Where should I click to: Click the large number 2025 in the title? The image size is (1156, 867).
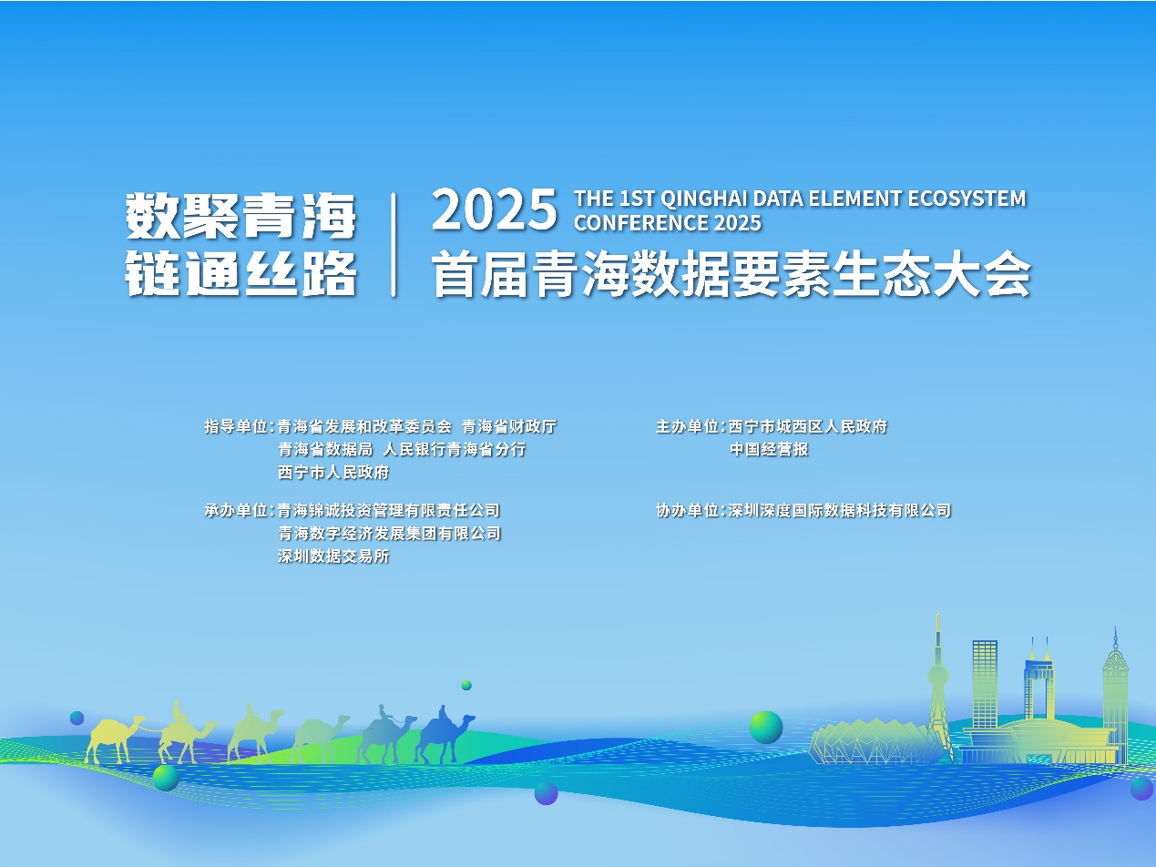pyautogui.click(x=495, y=210)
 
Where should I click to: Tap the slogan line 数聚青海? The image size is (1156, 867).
pyautogui.click(x=241, y=216)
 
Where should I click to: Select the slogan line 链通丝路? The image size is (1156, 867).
pyautogui.click(x=241, y=272)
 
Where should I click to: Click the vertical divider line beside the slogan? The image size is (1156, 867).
pyautogui.click(x=394, y=245)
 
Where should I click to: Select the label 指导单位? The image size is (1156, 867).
pyautogui.click(x=236, y=426)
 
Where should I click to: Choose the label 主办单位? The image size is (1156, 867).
pyautogui.click(x=687, y=426)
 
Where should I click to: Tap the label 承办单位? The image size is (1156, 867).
pyautogui.click(x=236, y=510)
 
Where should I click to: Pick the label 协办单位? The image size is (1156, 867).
pyautogui.click(x=687, y=510)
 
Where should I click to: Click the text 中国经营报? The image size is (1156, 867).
pyautogui.click(x=769, y=449)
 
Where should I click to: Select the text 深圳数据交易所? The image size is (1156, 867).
pyautogui.click(x=333, y=556)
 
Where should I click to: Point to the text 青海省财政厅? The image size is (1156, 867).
pyautogui.click(x=508, y=426)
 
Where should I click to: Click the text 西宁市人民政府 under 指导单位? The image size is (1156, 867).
pyautogui.click(x=333, y=472)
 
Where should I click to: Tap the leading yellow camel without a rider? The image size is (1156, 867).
pyautogui.click(x=114, y=738)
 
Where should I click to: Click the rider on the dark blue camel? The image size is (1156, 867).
pyautogui.click(x=443, y=714)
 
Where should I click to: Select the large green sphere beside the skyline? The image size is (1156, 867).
pyautogui.click(x=766, y=727)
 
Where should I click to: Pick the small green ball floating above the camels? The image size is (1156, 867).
pyautogui.click(x=466, y=685)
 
